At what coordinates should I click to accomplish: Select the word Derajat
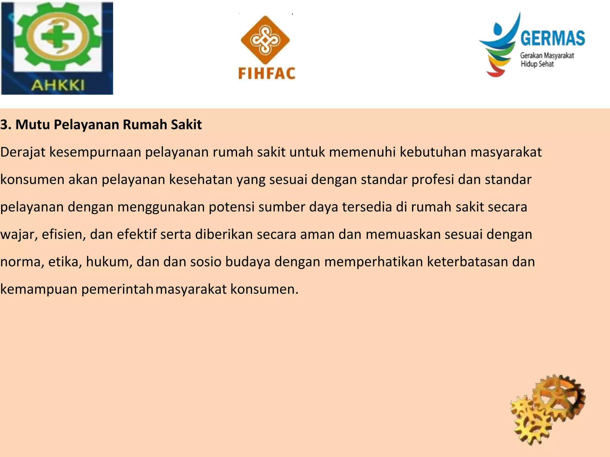pyautogui.click(x=23, y=152)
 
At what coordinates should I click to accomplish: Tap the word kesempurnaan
pyautogui.click(x=95, y=152)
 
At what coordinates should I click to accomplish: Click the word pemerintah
pyautogui.click(x=117, y=289)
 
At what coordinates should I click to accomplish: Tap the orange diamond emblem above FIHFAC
pyautogui.click(x=265, y=40)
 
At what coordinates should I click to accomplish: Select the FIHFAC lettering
pyautogui.click(x=267, y=73)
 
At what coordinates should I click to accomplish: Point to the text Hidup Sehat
pyautogui.click(x=537, y=64)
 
